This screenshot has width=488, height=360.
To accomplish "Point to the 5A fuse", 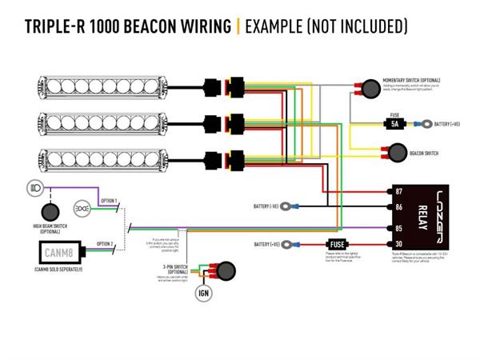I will (395, 124).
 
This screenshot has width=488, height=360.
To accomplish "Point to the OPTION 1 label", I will (107, 200).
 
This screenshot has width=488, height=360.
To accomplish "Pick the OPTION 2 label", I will (104, 243).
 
